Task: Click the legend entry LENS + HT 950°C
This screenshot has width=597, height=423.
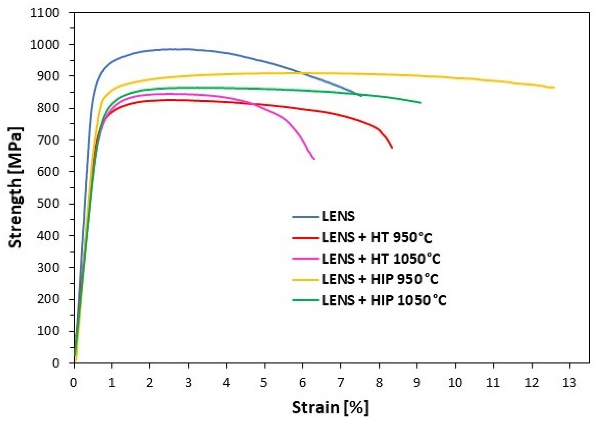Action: (377, 237)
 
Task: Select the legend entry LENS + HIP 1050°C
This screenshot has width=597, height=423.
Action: (384, 300)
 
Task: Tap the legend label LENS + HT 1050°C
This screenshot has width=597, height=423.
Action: (381, 259)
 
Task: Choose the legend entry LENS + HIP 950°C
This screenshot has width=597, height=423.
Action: (380, 279)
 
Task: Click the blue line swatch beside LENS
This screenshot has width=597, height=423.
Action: (305, 217)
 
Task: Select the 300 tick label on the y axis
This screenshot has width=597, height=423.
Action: (48, 267)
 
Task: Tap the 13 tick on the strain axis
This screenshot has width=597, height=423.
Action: (569, 382)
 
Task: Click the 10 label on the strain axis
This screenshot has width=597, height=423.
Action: (455, 382)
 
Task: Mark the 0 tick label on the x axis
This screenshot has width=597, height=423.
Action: (74, 382)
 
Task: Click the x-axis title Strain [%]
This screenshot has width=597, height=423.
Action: (330, 408)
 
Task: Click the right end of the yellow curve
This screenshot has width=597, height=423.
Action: (554, 88)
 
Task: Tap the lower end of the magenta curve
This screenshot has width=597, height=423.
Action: (314, 159)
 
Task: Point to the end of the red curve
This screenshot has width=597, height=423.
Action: (392, 148)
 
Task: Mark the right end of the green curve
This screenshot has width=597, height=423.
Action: (421, 102)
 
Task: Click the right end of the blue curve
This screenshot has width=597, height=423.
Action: (361, 96)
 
